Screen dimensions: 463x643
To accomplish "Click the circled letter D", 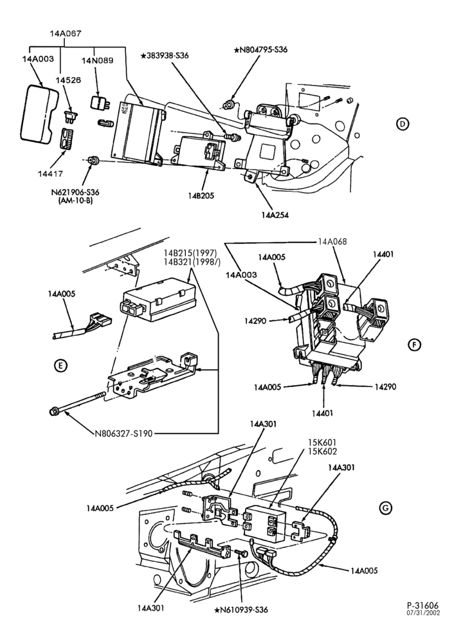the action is tap(403, 123).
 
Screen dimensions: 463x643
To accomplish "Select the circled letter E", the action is tap(60, 365).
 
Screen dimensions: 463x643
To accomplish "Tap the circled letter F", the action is tap(414, 345).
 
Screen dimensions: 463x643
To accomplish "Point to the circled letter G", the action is tap(385, 508).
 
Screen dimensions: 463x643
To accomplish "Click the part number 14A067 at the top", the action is tap(66, 33).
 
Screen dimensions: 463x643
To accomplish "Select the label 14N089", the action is tap(98, 60).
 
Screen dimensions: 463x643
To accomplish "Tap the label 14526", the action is tap(69, 80).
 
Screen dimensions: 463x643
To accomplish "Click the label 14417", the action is tap(50, 174).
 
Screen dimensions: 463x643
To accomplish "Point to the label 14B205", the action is tap(201, 195).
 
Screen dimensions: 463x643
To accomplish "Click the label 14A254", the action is tap(275, 215).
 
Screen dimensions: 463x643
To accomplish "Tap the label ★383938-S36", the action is tap(165, 55).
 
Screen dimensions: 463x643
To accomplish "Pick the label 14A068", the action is tap(332, 242).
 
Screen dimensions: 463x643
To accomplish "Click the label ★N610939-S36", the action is tap(241, 610).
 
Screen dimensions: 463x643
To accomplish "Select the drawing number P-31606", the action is tap(422, 605).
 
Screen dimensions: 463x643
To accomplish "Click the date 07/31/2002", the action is tap(423, 613).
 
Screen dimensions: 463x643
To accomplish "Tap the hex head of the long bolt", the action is tap(54, 410).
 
